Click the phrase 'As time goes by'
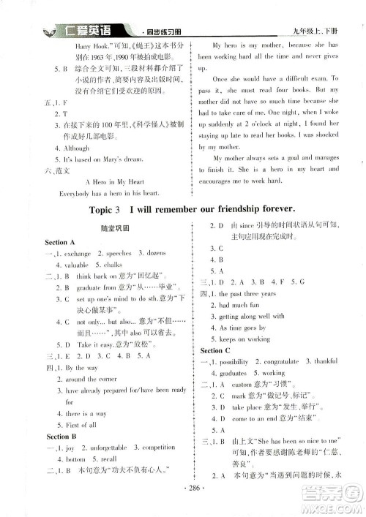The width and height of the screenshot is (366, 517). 242,328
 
